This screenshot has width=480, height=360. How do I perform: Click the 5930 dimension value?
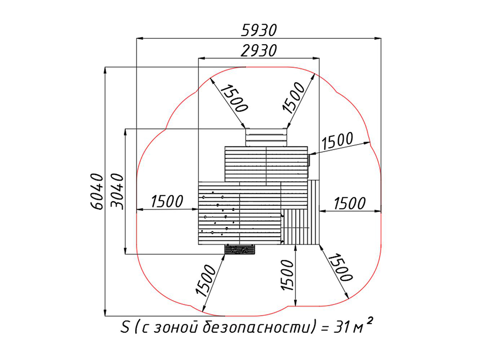click(x=259, y=30)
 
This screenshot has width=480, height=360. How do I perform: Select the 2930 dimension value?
click(x=259, y=50)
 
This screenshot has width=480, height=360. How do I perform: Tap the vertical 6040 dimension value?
click(x=97, y=191)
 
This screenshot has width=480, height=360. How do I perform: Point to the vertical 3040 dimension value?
click(x=117, y=191)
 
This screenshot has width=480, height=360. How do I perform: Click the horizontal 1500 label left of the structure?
click(x=167, y=201)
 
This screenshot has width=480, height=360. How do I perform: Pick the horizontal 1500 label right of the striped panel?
click(x=349, y=203)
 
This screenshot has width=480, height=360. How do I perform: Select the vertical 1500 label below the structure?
click(x=287, y=275)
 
